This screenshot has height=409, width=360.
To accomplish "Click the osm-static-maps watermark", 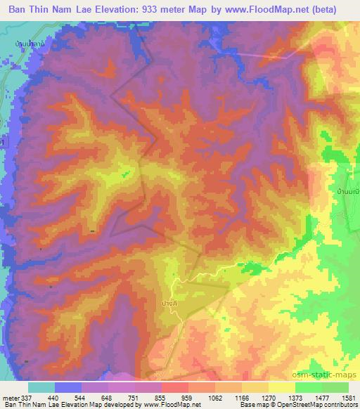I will point(331,375).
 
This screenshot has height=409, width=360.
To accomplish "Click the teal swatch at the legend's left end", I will point(41,387).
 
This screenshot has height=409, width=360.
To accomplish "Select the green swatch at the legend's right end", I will point(335,387).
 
